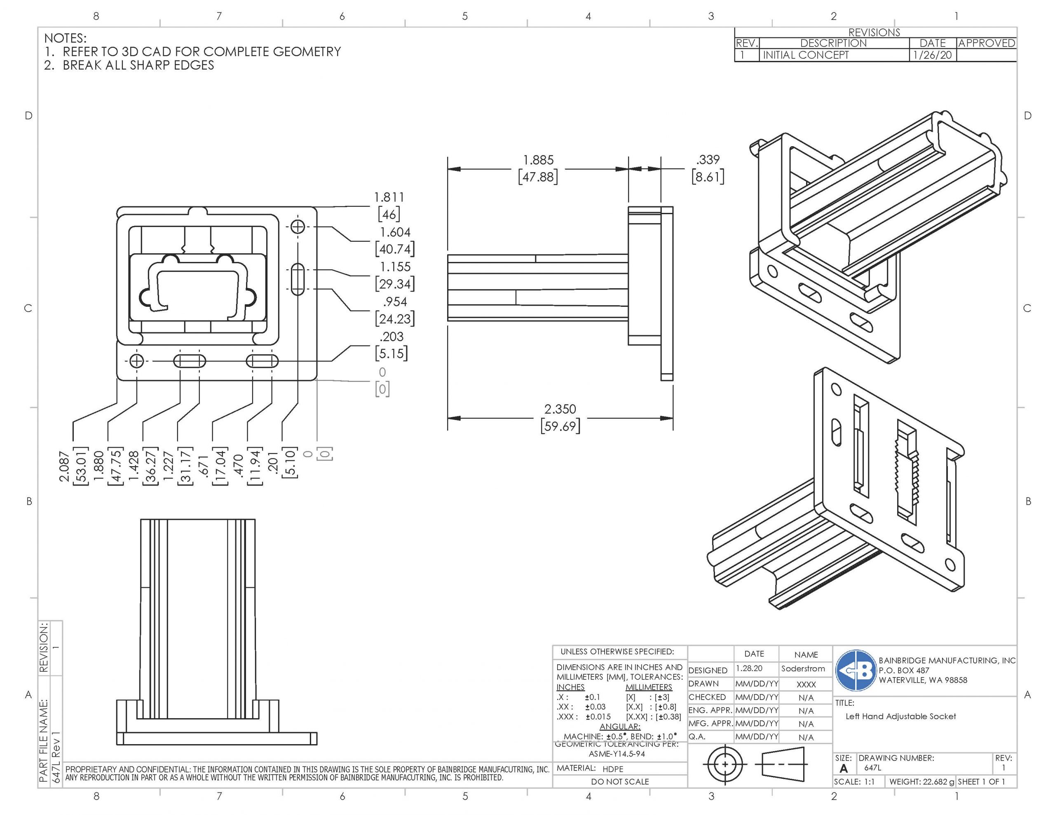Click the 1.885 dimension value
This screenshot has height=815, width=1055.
[x=538, y=160]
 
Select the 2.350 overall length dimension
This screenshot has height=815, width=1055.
[x=560, y=409]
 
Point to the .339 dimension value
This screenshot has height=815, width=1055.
[x=708, y=160]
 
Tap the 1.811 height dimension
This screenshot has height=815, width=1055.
[x=389, y=198]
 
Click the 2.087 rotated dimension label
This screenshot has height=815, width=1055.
[x=64, y=467]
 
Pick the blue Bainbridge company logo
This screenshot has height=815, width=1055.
[x=856, y=670]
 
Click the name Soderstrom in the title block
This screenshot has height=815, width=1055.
[x=803, y=669]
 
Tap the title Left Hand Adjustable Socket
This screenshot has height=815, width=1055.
[x=900, y=717]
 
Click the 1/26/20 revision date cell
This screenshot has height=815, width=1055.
[x=932, y=55]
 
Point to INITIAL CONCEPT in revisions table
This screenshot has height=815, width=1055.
[x=805, y=55]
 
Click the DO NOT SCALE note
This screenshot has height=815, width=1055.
[x=620, y=782]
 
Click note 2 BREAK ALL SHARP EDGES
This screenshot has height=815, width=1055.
[x=138, y=65]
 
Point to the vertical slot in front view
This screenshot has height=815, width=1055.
[x=298, y=279]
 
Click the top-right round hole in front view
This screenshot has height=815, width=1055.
[x=298, y=227]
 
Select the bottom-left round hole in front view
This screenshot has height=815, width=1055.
[x=137, y=361]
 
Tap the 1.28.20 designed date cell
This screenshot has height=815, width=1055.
[x=749, y=668]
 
